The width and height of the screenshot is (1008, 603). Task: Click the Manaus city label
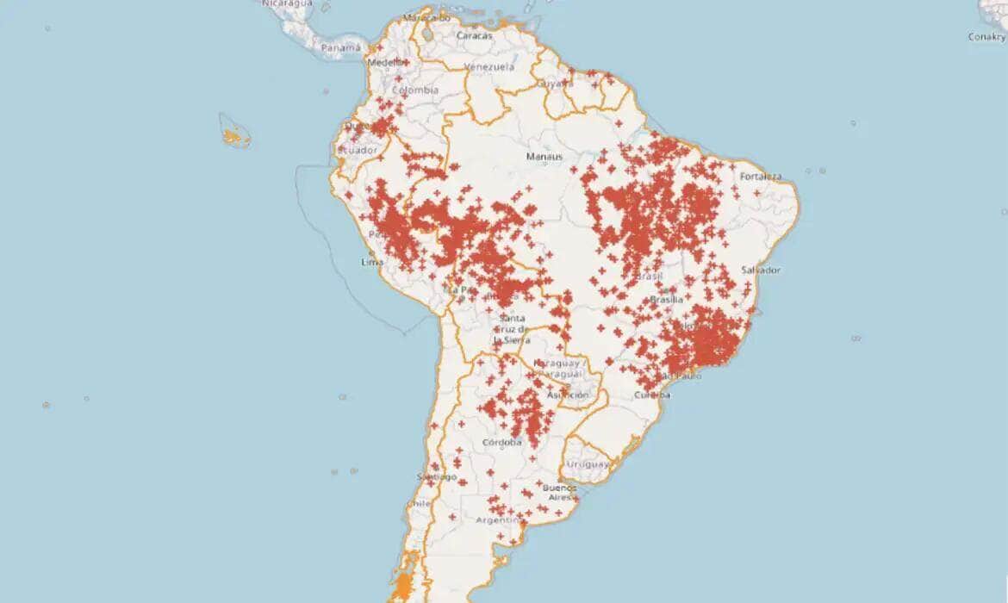point(544,157)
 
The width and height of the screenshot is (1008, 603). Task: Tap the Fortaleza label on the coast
point(760,177)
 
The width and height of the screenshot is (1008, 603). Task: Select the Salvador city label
point(761,270)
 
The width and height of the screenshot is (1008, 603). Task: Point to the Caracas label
point(475,36)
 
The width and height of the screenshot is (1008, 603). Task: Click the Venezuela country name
point(488,67)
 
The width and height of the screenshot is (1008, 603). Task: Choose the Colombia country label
point(415,90)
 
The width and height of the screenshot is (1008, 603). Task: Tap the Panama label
point(340,48)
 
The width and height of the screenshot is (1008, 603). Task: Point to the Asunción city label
point(568,395)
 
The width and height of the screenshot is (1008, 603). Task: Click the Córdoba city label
point(501,443)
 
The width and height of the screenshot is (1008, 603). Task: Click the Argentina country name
point(499,521)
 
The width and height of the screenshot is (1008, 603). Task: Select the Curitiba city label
point(651,395)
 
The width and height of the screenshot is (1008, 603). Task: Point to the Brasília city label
point(667,300)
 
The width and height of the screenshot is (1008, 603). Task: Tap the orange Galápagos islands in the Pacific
point(231,136)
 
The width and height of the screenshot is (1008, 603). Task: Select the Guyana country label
point(555,84)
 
